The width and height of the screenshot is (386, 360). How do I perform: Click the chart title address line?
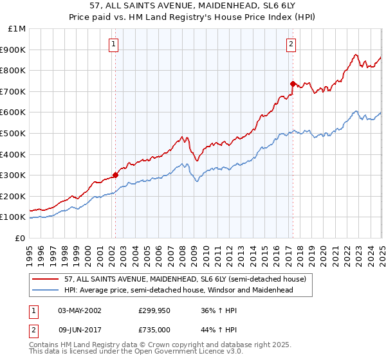[x=193, y=5]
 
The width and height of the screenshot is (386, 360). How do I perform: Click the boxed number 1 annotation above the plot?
[x=113, y=44]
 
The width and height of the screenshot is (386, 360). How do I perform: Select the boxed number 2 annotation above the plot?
[x=291, y=44]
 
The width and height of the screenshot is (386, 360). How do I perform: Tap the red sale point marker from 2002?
[x=116, y=174]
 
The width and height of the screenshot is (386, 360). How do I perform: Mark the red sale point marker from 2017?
[x=293, y=84]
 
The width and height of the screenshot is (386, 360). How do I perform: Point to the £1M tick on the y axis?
[x=17, y=29]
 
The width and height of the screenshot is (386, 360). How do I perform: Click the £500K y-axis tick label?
[x=14, y=133]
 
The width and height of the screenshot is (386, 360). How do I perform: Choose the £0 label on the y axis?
[x=20, y=238]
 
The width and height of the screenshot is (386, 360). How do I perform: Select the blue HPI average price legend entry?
[x=178, y=290]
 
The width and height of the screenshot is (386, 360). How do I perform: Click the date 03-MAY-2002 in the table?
[x=79, y=310]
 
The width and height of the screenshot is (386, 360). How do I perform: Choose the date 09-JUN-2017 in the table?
[x=79, y=329]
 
